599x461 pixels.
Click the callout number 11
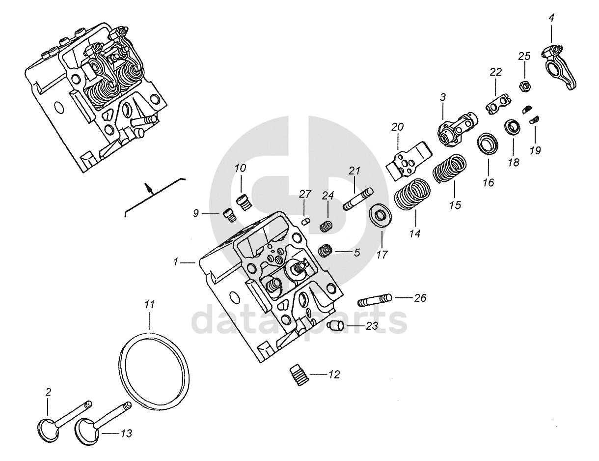tap(150, 305)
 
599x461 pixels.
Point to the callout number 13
tap(126, 433)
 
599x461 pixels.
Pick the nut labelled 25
tap(524, 86)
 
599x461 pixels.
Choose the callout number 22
tap(495, 72)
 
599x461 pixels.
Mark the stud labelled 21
tap(359, 199)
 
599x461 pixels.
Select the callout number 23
tap(372, 325)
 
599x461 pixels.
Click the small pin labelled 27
tap(304, 221)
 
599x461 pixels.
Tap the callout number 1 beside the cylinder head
tap(175, 263)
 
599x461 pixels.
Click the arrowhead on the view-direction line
tap(146, 186)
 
